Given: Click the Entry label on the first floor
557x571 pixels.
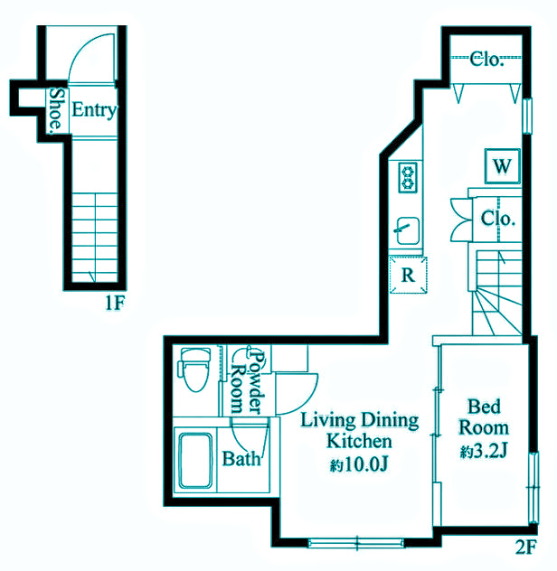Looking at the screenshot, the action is click(94, 110).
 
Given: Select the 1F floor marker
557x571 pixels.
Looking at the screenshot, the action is click(115, 303).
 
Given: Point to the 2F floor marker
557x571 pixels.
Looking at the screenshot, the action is click(525, 547).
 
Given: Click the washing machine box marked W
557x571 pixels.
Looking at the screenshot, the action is click(503, 166).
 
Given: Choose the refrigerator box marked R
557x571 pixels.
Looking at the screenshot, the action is click(408, 275).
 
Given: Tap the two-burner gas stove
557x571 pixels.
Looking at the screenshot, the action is click(408, 177).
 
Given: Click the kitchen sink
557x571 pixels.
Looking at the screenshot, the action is click(408, 231).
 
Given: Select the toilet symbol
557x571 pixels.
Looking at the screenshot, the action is click(194, 369).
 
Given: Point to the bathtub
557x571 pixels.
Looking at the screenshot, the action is click(195, 461).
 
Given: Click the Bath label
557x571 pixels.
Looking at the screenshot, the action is click(241, 459).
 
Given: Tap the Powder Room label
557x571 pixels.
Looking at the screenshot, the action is click(248, 382).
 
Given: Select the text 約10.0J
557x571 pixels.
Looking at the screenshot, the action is click(359, 464).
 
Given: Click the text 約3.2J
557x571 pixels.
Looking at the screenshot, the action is click(484, 452).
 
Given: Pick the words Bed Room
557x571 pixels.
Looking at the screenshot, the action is click(484, 417).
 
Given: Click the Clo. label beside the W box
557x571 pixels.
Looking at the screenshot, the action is click(498, 219).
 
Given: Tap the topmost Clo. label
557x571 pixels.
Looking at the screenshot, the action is click(486, 60).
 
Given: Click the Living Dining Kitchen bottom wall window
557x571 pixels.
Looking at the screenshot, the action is click(356, 543).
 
